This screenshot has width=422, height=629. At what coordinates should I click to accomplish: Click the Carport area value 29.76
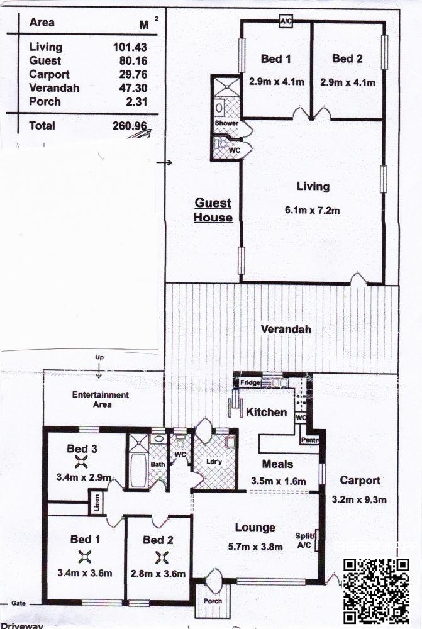pos(133,74)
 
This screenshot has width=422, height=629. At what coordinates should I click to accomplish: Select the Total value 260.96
pos(130,126)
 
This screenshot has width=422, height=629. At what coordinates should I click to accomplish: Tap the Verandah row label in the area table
pos(54,88)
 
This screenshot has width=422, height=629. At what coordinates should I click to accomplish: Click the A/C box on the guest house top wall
pos(286,21)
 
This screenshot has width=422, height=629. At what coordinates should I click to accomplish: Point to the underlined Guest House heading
pos(213,210)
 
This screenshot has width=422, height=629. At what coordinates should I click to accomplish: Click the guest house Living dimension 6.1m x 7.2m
pos(313,210)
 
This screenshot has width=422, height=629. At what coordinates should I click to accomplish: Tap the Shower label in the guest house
pos(226,123)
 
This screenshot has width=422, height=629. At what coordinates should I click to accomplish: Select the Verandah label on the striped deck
pos(286,330)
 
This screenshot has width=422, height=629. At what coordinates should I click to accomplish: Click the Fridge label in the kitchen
pos(250,382)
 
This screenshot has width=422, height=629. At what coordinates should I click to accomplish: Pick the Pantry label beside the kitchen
pos(310,440)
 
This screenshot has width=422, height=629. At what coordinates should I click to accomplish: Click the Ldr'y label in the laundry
pos(214,462)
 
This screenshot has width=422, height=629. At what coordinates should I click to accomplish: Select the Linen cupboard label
pos(97,502)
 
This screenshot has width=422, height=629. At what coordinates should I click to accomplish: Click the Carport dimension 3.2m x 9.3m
pos(359,499)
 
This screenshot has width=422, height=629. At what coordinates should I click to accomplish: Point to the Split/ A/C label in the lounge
pos(305,540)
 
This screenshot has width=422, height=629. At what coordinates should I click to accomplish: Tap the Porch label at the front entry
pos(213,601)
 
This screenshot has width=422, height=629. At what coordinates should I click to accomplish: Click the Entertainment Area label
pos(101,399)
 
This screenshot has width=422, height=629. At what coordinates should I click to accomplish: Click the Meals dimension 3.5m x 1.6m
pos(279,481)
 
